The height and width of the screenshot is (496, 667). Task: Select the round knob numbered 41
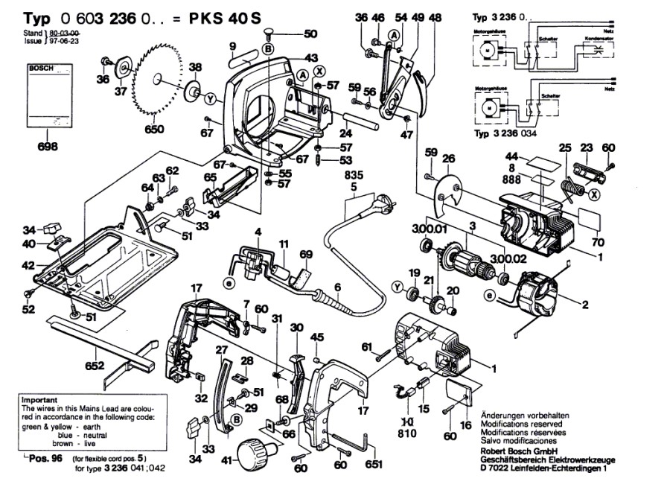click(255, 451)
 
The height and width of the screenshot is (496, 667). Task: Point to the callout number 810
click(408, 431)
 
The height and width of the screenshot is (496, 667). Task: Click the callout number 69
click(305, 255)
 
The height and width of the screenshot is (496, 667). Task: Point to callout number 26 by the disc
click(448, 158)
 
